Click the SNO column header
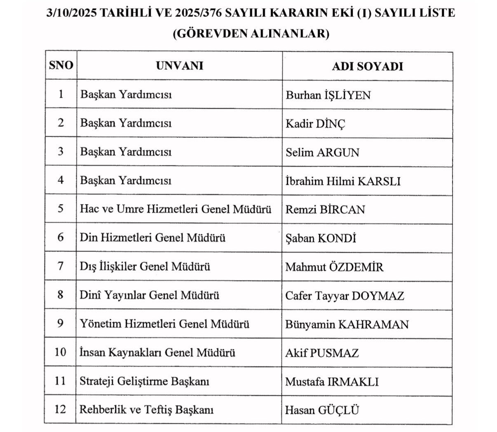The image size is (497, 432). click(x=61, y=66)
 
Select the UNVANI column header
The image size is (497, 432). click(x=179, y=66)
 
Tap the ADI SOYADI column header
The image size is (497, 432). click(x=367, y=66)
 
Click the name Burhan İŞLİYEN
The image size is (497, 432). click(x=328, y=95)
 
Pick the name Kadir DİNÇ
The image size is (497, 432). click(x=315, y=124)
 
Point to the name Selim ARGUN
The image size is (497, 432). click(x=322, y=153)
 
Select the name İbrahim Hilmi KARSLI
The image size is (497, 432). click(x=343, y=181)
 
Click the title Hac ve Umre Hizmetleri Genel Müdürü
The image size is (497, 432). click(x=176, y=209)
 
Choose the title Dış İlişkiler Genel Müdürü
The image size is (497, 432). click(x=145, y=267)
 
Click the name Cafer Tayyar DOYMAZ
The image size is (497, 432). click(x=345, y=296)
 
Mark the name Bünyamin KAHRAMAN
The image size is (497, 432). click(x=347, y=325)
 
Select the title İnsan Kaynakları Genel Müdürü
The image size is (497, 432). click(x=157, y=353)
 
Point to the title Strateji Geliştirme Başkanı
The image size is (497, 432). click(x=144, y=381)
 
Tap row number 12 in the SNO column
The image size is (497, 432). click(x=60, y=410)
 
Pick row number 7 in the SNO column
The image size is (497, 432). click(x=61, y=267)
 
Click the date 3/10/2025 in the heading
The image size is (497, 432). click(x=72, y=13)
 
